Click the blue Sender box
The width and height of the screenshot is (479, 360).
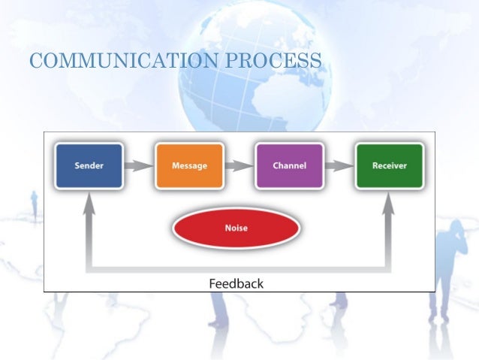coord(89,165)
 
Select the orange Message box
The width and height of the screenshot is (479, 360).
coord(189,165)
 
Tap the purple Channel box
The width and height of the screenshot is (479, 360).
coord(289,165)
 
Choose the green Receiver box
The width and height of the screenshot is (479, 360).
coord(389,165)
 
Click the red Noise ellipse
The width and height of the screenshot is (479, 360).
coord(236,228)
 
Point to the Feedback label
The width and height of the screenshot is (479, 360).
coord(236,283)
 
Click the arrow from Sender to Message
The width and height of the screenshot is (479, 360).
coord(139,165)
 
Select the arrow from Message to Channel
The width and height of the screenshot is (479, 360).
coord(239,165)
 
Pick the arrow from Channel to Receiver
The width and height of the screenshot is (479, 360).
coord(339,165)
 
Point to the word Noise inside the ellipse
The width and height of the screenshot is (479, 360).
coord(236,228)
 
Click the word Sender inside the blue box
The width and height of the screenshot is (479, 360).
coord(89,165)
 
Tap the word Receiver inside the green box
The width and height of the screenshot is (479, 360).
coord(389,165)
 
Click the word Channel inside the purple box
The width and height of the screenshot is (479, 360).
coord(289,165)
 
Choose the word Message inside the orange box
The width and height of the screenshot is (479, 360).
coord(189,165)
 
